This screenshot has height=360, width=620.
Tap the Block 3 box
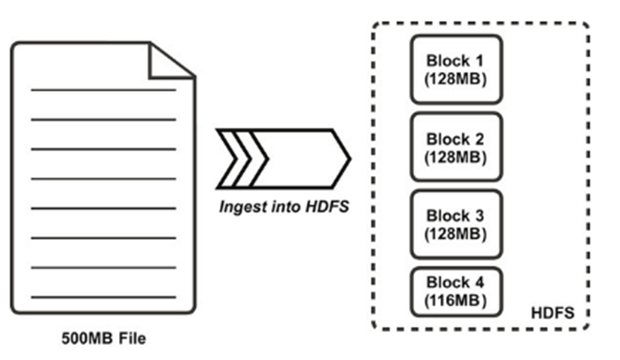[x=456, y=223]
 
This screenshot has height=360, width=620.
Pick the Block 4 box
[x=456, y=292]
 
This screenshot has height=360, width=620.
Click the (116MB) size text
[x=456, y=301]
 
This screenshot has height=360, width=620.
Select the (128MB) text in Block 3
[x=456, y=232]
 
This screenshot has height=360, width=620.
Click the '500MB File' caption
[x=104, y=340]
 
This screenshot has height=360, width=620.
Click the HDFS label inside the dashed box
[x=553, y=314]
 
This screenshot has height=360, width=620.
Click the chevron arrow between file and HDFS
[x=282, y=159]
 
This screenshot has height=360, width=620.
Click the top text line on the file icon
[x=103, y=90]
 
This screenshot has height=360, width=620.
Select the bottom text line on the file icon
[x=103, y=297]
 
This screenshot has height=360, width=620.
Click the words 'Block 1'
[x=456, y=60]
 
